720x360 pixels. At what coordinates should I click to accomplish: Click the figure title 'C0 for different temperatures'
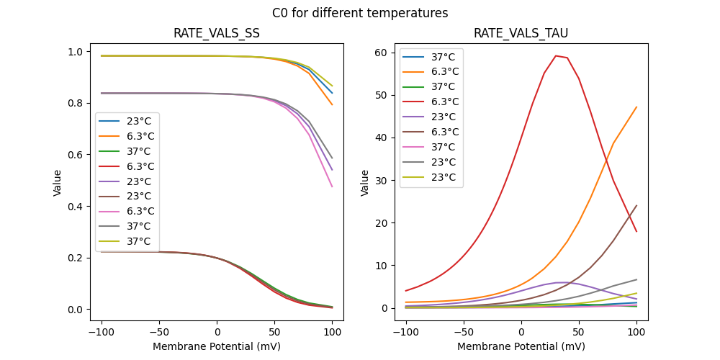pos(360,13)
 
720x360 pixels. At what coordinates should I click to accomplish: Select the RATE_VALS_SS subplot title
pos(217,33)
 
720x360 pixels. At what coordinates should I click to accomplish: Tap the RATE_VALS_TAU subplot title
pos(521,33)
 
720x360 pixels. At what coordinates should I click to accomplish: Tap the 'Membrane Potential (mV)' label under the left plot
pos(217,346)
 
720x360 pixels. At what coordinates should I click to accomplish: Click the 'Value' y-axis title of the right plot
pos(365,183)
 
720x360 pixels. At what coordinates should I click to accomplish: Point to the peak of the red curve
pos(556,55)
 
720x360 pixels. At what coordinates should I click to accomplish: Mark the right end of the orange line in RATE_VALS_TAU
pos(636,107)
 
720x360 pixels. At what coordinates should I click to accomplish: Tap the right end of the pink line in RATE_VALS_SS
pos(332,187)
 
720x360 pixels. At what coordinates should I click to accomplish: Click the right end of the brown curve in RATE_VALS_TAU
pos(636,206)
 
